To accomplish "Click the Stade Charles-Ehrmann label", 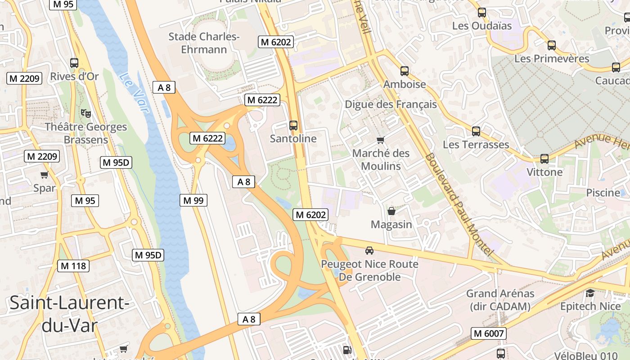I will (204, 43).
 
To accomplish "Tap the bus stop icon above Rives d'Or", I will (74, 63).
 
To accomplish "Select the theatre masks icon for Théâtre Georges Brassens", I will (85, 113).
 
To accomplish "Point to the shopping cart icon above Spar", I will (44, 175).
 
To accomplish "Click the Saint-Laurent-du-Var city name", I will (69, 314).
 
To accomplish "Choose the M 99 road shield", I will (193, 200).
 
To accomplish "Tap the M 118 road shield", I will (73, 266).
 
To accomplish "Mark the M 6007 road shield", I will (489, 333).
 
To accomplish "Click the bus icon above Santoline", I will (293, 125).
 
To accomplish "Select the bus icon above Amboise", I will (405, 71).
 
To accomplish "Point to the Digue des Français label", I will (391, 104).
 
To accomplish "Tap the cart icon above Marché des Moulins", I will (381, 140).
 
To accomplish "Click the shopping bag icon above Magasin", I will (391, 211).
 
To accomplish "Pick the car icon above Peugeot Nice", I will (369, 251).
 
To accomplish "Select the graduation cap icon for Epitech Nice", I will (590, 293).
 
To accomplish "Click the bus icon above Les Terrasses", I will (476, 131).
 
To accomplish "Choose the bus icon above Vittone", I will (544, 158).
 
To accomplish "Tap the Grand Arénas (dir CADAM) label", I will (500, 300).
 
